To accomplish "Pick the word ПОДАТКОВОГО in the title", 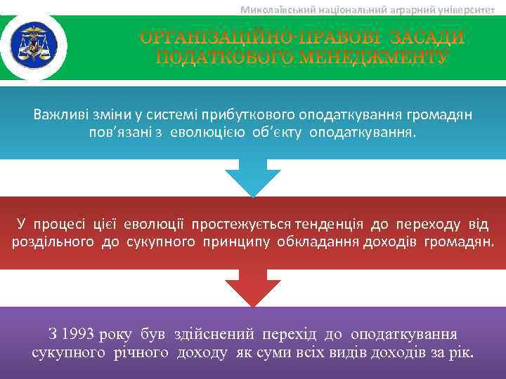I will pyautogui.click(x=220, y=56).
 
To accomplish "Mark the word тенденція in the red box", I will pyautogui.click(x=330, y=225).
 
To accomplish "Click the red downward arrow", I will pyautogui.click(x=252, y=288).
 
